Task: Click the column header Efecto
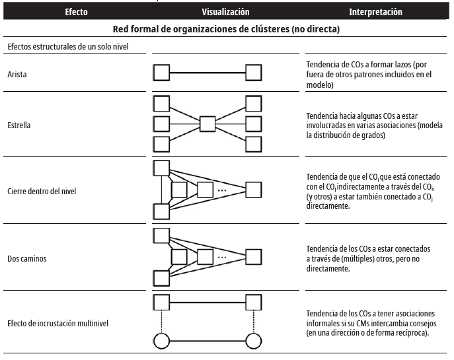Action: pyautogui.click(x=76, y=12)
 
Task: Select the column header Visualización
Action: pyautogui.click(x=226, y=12)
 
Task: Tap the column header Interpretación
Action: pyautogui.click(x=375, y=12)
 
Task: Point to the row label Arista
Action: pyautogui.click(x=18, y=75)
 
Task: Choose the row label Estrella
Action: pyautogui.click(x=21, y=124)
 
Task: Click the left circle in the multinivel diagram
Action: pyautogui.click(x=162, y=342)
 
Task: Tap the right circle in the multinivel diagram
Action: pyautogui.click(x=254, y=342)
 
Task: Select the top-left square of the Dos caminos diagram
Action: pyautogui.click(x=161, y=234)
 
